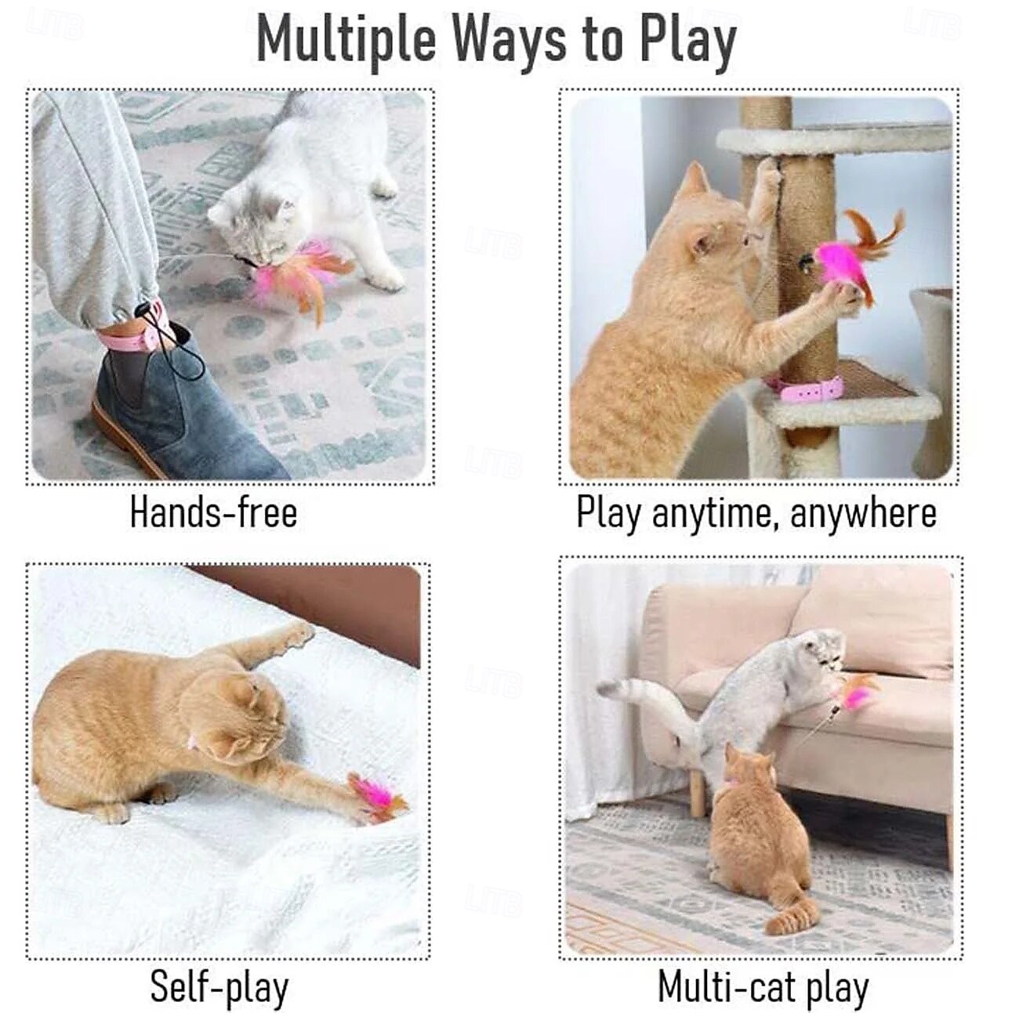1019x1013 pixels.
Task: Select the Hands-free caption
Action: [x=213, y=513]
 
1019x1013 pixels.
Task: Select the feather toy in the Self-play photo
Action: [x=376, y=798]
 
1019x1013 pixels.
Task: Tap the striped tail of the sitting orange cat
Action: [x=792, y=913]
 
